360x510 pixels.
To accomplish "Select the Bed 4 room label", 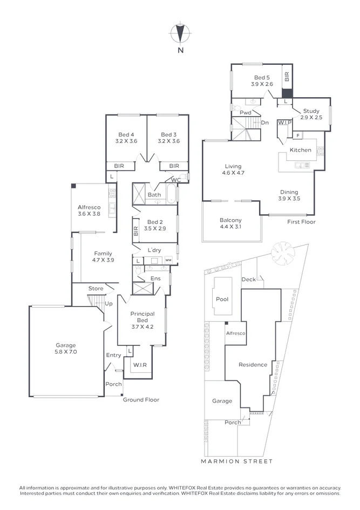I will point(126,138).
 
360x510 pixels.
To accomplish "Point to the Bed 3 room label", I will point(168,138).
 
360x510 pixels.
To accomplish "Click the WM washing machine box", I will point(168,260).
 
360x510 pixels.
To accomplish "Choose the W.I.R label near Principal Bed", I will point(139,365).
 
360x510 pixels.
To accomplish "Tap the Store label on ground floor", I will point(96,288).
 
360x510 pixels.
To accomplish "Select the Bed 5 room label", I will point(262,81).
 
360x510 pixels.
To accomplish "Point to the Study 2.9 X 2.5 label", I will point(311,114).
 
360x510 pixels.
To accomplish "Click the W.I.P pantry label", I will point(285,123).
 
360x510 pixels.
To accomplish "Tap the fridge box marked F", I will point(298,134).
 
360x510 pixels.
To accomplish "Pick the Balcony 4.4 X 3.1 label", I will point(230,223).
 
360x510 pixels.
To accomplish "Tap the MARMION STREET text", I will point(236,461).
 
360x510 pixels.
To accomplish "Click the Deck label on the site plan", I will point(248,279).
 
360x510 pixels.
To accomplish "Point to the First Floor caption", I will point(301,222).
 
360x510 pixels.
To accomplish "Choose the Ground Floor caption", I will point(141,399).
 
